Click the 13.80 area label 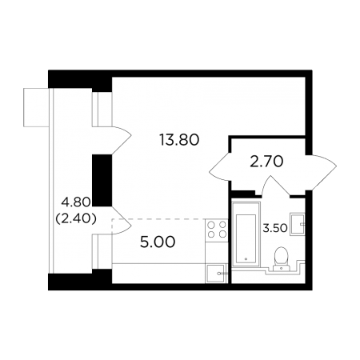(x=179, y=140)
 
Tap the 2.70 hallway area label (x=266, y=162)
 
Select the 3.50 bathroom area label (x=275, y=228)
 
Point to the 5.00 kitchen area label (x=158, y=242)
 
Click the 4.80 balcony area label (x=76, y=202)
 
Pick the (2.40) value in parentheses (x=76, y=219)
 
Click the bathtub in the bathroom (x=246, y=234)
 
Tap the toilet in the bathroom (x=281, y=258)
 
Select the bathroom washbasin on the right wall (x=298, y=223)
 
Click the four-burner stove (x=217, y=230)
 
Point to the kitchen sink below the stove (x=216, y=274)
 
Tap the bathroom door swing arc (x=275, y=185)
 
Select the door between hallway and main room (x=219, y=166)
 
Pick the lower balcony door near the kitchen (x=122, y=221)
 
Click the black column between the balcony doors (x=102, y=181)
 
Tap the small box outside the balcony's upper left (x=36, y=107)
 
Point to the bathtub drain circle (x=246, y=258)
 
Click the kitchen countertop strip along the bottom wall (x=158, y=274)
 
